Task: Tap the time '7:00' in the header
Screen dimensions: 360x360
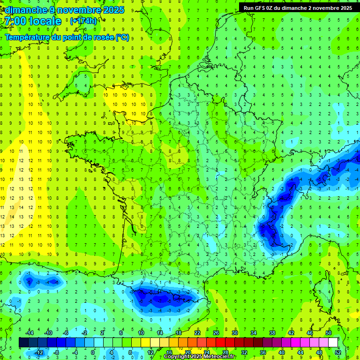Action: pos(14,21)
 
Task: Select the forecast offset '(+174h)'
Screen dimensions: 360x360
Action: pos(83,21)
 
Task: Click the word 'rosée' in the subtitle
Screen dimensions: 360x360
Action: pos(104,37)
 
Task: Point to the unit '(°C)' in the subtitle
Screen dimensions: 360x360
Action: pos(122,37)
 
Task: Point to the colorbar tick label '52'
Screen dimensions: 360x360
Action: pos(338,352)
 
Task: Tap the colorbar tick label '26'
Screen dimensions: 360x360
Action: pos(216,333)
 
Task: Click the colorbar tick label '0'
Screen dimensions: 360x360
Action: pos(93,352)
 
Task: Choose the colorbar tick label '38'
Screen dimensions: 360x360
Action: pos(272,333)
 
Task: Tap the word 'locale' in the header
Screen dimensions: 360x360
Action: pos(45,21)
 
